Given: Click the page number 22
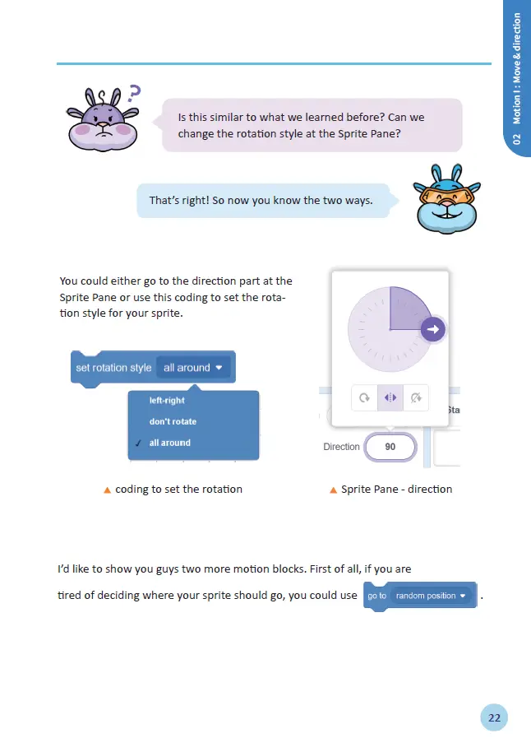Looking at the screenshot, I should [x=494, y=717].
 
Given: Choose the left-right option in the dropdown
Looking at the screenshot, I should [x=167, y=401].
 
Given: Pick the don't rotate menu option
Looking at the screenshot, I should [x=173, y=421].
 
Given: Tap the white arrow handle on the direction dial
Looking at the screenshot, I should [x=433, y=330].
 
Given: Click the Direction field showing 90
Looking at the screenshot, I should [x=390, y=447].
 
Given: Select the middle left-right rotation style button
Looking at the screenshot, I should [x=390, y=398].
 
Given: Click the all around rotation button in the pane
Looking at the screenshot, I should [x=363, y=398].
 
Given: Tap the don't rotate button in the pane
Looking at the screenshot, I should [x=417, y=398].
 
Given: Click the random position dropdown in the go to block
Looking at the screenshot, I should [x=432, y=596].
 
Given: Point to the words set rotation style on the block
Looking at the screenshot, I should [x=113, y=368].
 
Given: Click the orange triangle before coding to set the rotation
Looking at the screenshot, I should [x=107, y=490].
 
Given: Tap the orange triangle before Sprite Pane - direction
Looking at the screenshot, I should [x=333, y=490].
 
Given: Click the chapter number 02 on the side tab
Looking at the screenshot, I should [x=517, y=139].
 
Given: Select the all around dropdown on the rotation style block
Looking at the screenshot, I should [x=193, y=368].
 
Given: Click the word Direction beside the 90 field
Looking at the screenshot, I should [x=341, y=447].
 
